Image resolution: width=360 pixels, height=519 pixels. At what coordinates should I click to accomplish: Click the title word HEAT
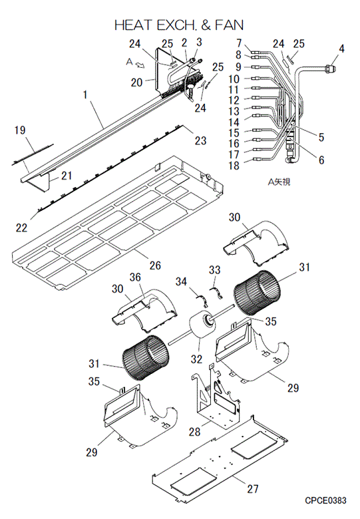(134, 25)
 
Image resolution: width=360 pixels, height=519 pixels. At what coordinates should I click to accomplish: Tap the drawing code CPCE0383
(325, 500)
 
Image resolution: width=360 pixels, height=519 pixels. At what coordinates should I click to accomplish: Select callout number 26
(155, 265)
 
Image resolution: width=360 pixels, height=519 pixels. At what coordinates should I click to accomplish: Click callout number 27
(253, 488)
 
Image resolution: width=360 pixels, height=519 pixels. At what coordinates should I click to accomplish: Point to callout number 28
(194, 432)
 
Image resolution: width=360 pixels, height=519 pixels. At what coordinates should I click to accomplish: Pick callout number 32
(196, 359)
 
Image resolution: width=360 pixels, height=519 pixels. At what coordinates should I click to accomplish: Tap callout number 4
(341, 49)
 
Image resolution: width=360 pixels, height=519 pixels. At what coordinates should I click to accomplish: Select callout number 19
(20, 130)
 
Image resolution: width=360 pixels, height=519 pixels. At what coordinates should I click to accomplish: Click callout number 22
(21, 228)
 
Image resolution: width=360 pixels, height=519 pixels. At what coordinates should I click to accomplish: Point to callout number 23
(200, 140)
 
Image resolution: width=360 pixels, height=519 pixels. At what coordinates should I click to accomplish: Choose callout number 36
(135, 277)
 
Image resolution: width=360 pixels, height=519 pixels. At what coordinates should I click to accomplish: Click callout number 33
(214, 269)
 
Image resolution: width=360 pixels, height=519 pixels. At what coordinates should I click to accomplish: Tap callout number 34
(181, 281)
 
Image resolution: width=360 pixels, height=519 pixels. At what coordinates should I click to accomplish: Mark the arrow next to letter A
(141, 65)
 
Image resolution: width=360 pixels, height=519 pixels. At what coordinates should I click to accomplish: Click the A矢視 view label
(279, 182)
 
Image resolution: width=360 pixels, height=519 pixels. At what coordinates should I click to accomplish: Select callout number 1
(85, 94)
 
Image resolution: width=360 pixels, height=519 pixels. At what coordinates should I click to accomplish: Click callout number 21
(67, 176)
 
